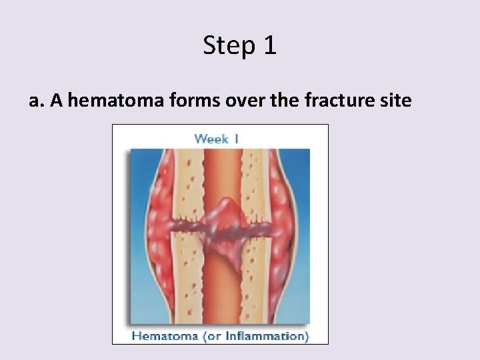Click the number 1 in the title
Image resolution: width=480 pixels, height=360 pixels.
(269, 46)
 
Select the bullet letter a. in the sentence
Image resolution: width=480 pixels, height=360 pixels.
(36, 101)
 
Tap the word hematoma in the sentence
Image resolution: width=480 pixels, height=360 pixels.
(110, 101)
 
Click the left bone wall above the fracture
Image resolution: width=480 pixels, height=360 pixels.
(188, 180)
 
